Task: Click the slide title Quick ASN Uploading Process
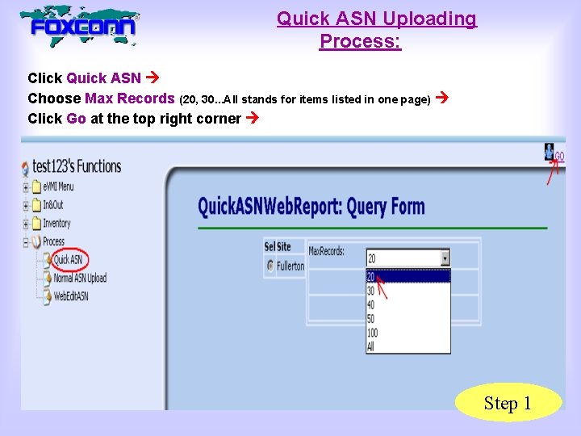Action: [376, 29]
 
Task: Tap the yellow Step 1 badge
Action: [508, 403]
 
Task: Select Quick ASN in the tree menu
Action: [67, 260]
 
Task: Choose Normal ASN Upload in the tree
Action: [79, 279]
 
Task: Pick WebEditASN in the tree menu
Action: [70, 296]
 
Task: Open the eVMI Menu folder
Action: [57, 187]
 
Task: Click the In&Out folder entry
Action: [52, 205]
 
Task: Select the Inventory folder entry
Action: [56, 224]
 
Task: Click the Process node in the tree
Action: [53, 241]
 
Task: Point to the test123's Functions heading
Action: [77, 167]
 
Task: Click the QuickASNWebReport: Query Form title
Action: [311, 207]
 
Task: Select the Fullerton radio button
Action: [270, 266]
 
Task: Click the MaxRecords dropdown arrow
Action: [445, 258]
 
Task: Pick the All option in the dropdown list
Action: [370, 346]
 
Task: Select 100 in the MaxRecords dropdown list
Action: [372, 333]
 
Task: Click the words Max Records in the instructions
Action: [129, 99]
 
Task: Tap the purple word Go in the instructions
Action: [77, 119]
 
